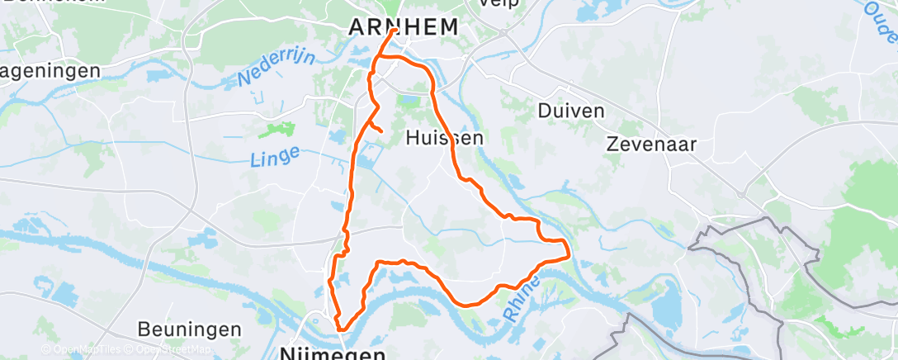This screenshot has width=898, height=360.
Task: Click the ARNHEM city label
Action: coord(403,26)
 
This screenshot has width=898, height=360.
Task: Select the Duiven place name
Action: coord(571,110)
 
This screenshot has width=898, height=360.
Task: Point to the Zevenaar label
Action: coord(651,144)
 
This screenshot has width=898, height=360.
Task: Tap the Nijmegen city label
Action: coord(333,353)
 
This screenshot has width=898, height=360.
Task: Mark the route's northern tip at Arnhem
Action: coord(395,31)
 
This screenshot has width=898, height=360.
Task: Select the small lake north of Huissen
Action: coord(411,102)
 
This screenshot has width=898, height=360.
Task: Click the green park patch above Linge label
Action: coord(276,130)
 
